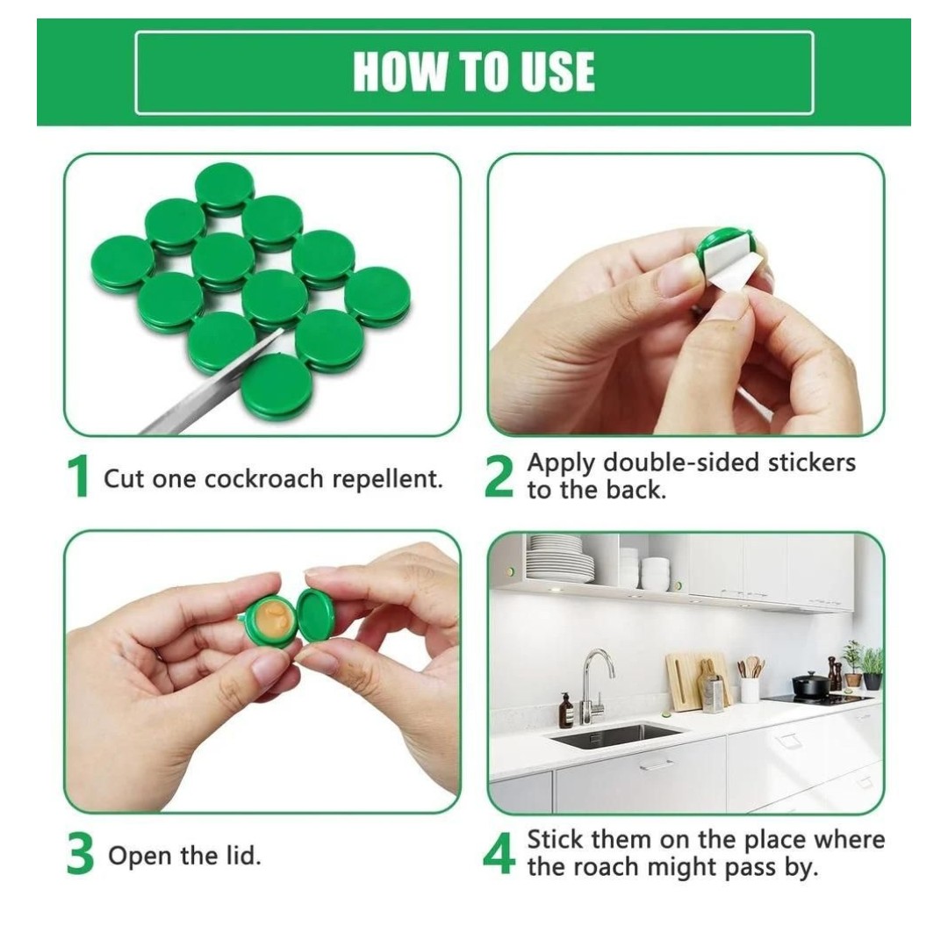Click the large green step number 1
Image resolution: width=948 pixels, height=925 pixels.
(78, 479)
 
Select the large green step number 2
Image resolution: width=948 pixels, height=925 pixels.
(499, 479)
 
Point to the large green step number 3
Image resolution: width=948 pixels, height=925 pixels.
(80, 857)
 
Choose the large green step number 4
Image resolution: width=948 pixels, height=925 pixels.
(499, 856)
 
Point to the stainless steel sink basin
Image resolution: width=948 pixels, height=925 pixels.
(614, 735)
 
